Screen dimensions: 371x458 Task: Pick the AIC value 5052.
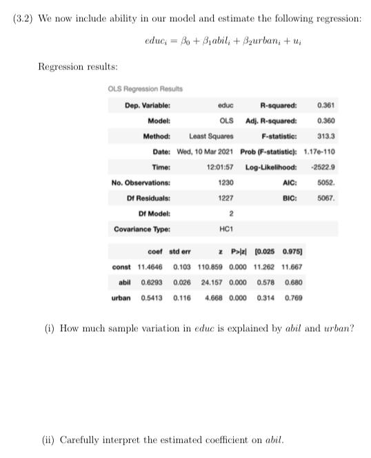(x=326, y=183)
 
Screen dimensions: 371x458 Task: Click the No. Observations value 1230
(x=225, y=183)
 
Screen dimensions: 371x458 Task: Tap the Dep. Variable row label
(x=148, y=105)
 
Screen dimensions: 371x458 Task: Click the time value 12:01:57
(x=220, y=167)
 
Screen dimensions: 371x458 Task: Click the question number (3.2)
(x=25, y=19)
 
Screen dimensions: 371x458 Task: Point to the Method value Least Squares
(x=211, y=136)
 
